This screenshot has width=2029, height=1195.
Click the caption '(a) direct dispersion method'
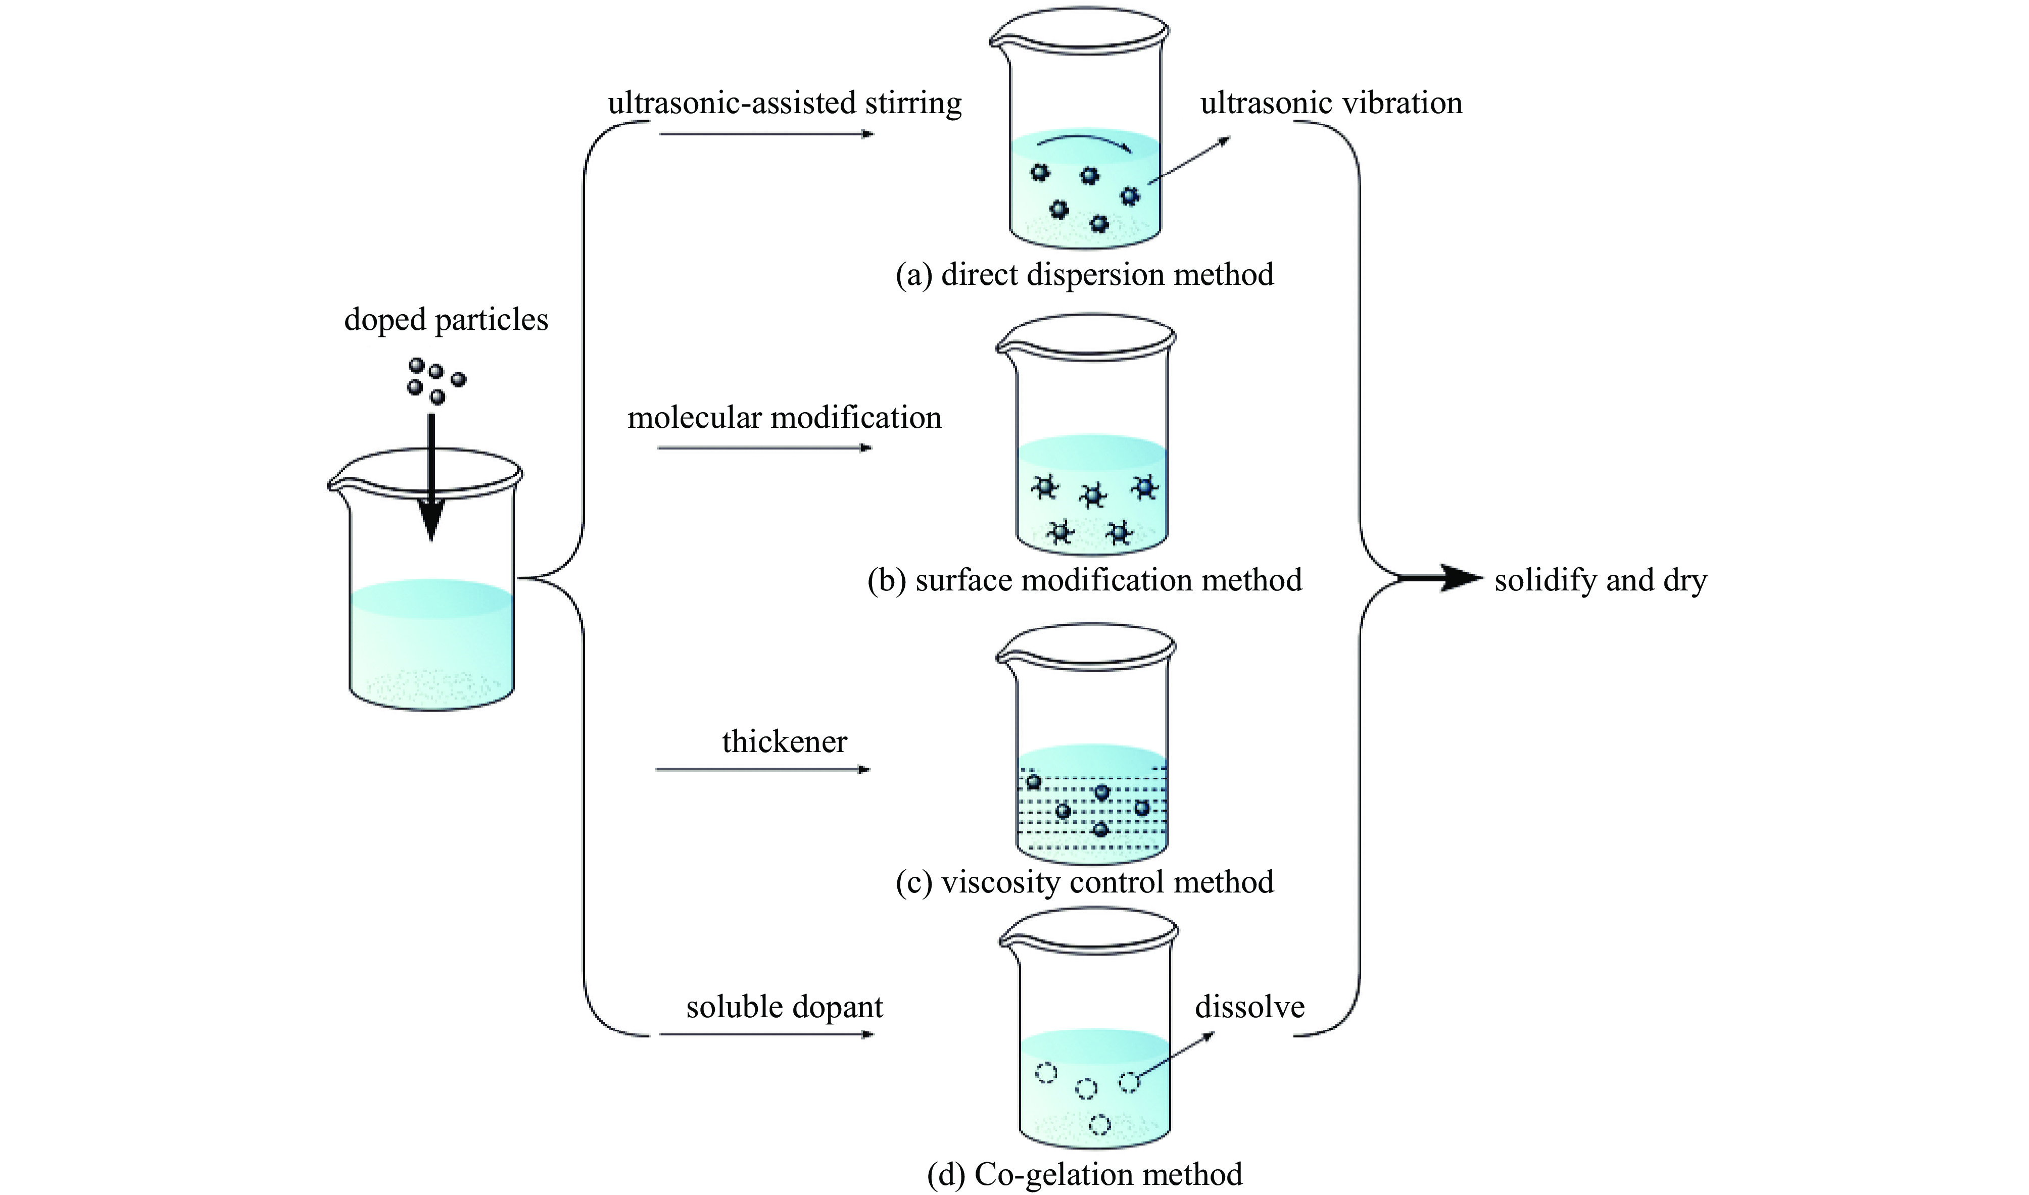point(1084,275)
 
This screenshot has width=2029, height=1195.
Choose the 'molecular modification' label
point(785,418)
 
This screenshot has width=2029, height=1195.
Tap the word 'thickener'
point(785,741)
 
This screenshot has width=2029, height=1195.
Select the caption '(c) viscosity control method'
point(1084,882)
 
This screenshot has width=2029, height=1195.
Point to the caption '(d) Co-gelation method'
point(1084,1175)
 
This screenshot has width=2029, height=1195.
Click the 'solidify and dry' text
point(1600,581)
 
